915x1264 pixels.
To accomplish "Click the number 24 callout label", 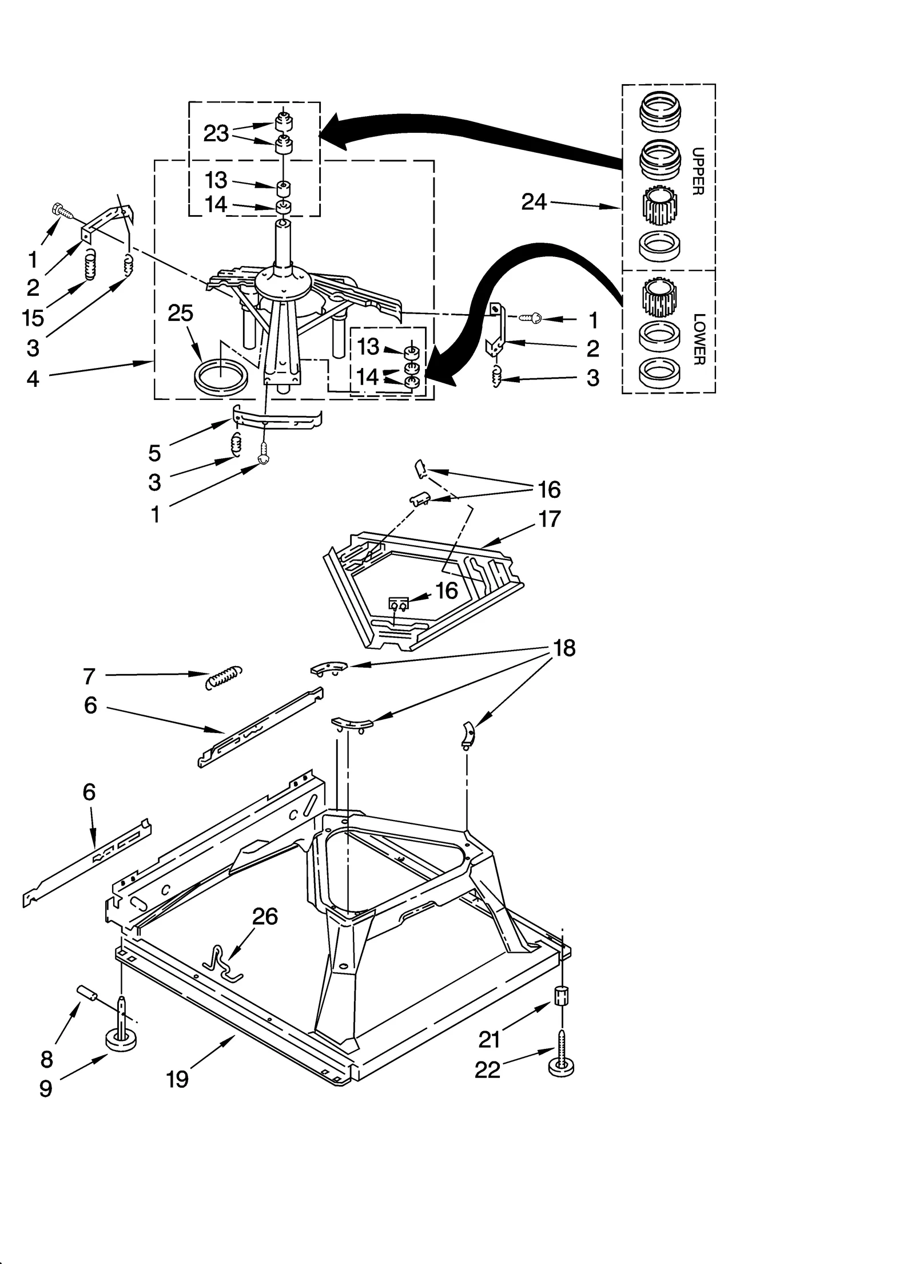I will coord(534,201).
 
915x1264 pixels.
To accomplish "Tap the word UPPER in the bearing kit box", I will coord(698,171).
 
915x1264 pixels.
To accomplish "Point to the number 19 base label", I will coord(177,1079).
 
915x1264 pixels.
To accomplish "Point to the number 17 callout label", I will coord(549,519).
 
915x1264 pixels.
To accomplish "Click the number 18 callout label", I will coord(564,648).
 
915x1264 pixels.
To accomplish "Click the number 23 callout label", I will coord(216,133).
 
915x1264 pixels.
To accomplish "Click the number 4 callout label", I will coord(33,378).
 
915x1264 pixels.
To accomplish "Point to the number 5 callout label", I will coord(154,453).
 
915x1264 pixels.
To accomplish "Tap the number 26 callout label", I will coord(265,916).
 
